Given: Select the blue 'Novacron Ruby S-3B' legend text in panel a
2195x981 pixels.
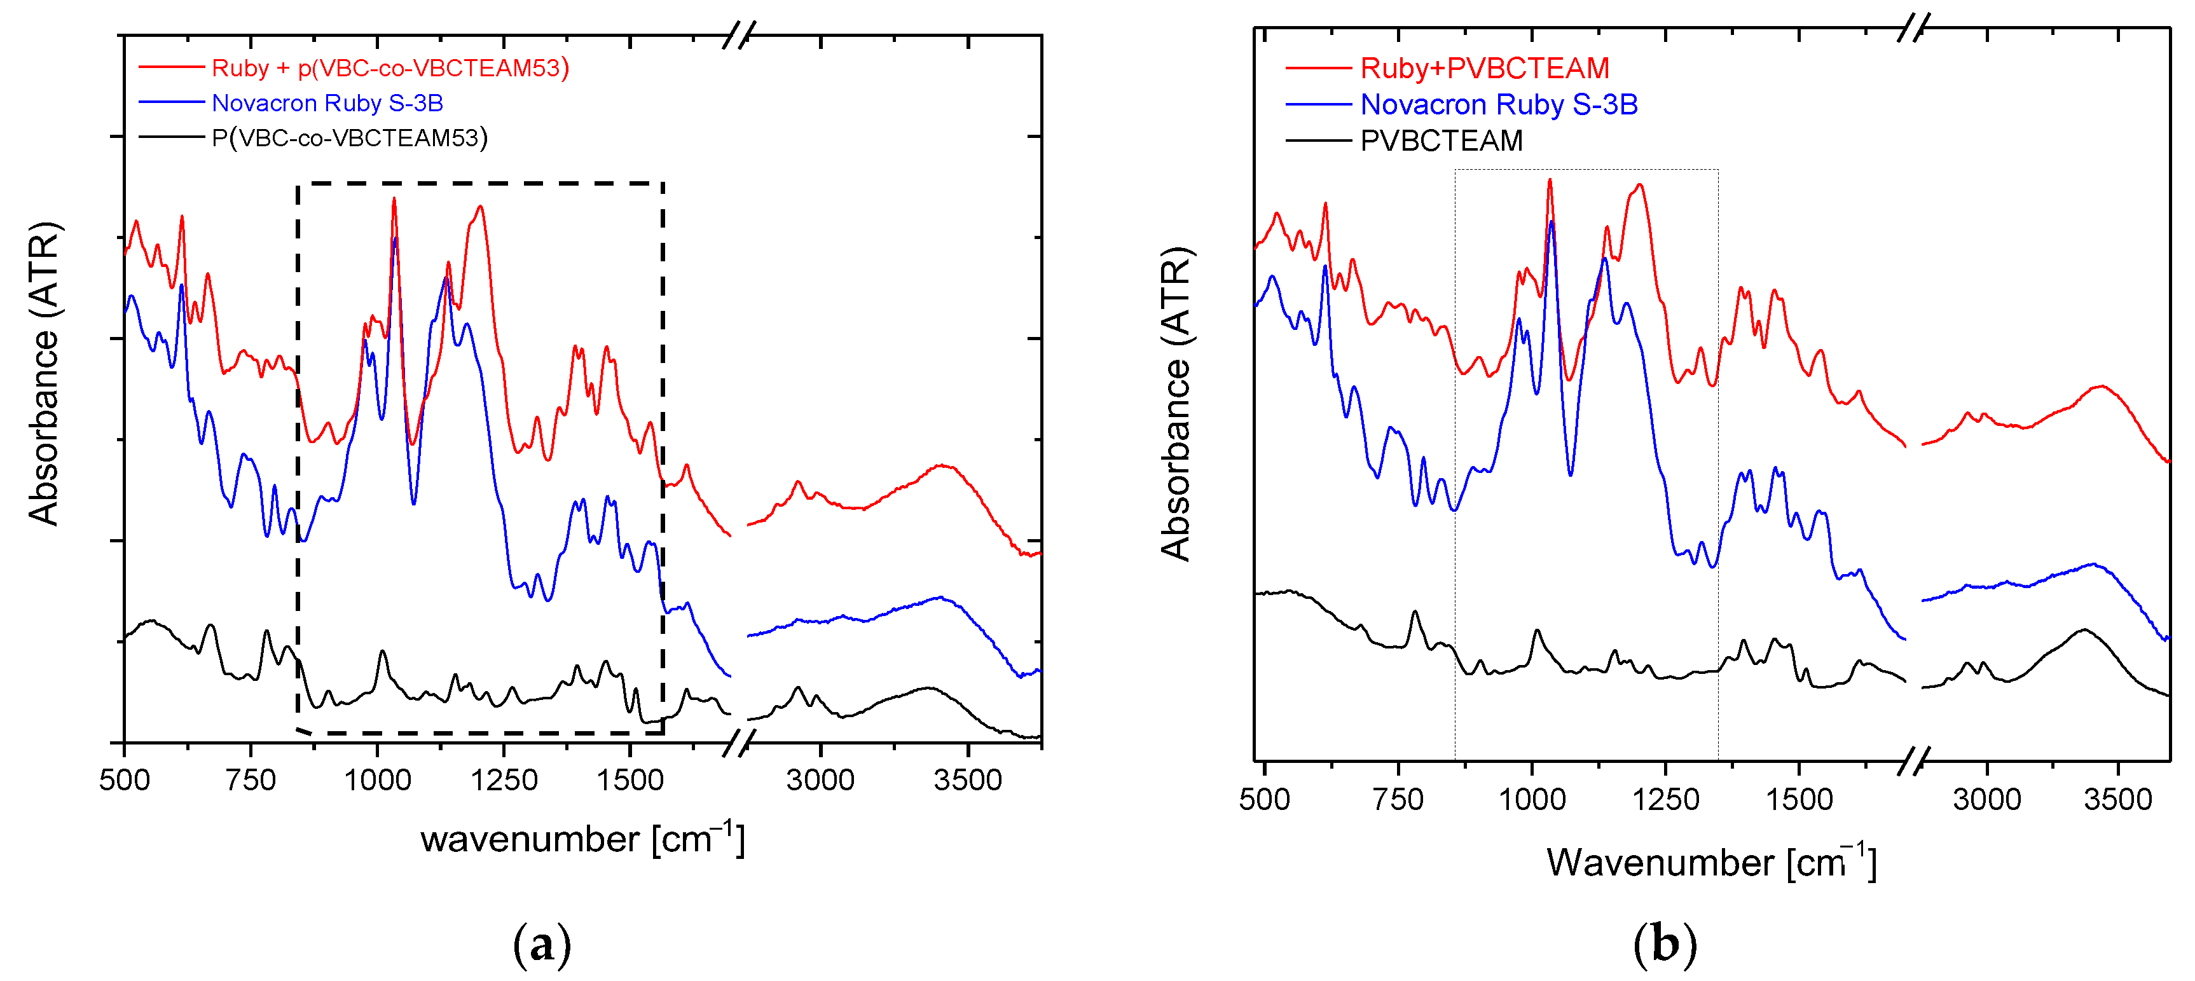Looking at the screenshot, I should [x=327, y=103].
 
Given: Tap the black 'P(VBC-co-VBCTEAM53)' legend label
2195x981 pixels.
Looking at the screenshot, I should [x=349, y=138].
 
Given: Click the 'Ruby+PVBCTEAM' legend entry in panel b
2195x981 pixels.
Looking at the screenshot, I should [x=1484, y=68].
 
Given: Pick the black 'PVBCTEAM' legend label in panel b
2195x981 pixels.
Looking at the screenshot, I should [x=1441, y=141].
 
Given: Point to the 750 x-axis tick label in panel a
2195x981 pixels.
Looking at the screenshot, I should [x=251, y=780].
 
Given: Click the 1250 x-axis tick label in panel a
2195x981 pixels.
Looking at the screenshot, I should [x=504, y=780].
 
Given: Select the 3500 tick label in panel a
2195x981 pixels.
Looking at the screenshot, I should [x=967, y=780].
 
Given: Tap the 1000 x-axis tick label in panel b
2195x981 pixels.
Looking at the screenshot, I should [x=1531, y=799].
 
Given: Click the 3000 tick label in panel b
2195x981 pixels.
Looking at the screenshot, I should [x=1986, y=799].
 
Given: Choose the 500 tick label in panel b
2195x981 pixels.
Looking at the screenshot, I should [x=1265, y=799].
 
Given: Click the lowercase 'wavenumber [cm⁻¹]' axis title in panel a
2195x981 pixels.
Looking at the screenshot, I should [x=582, y=839].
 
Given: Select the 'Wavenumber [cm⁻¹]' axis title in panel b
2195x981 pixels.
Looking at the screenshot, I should [x=1711, y=863].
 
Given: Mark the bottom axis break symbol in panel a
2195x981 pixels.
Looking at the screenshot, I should [x=738, y=744].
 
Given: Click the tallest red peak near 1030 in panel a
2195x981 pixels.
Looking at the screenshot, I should [x=394, y=198].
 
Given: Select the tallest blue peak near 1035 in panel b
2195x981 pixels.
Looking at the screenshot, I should [x=1552, y=222].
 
